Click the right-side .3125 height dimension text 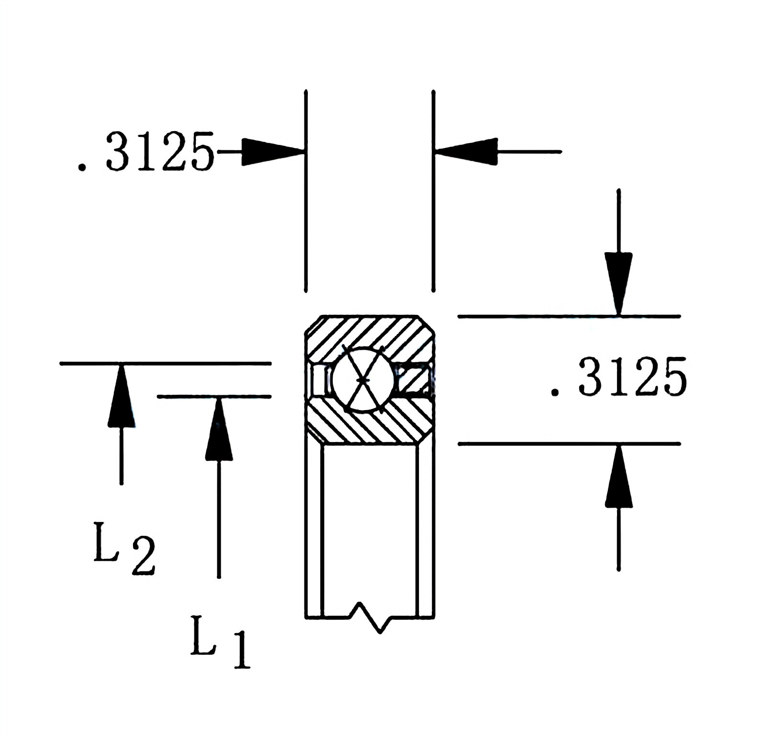point(619,377)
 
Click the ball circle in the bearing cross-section point(364,379)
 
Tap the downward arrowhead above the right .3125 point(619,282)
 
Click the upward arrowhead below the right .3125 point(619,476)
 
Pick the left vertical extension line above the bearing point(306,191)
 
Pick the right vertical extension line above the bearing point(433,191)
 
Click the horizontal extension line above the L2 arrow point(165,364)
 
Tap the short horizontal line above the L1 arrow point(214,396)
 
